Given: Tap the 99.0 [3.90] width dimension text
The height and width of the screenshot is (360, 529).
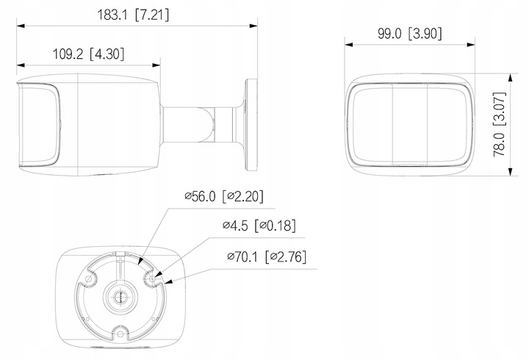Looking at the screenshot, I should [x=407, y=32].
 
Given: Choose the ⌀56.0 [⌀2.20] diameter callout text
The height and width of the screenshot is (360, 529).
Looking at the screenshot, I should [x=223, y=196].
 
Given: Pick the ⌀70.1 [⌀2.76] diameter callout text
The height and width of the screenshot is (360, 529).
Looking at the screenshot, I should [x=265, y=257].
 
